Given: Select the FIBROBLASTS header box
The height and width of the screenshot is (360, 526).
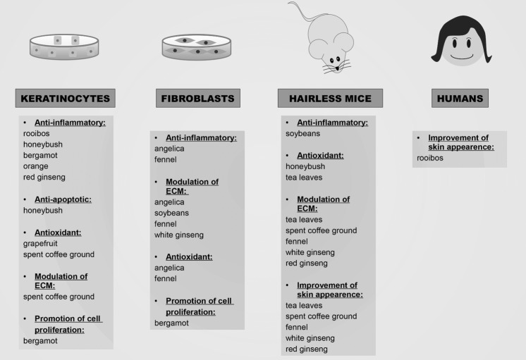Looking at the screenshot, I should (x=198, y=99).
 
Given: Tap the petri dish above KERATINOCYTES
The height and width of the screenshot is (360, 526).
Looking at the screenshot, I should (x=64, y=46).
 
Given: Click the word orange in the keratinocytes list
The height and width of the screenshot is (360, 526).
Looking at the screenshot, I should (x=36, y=167).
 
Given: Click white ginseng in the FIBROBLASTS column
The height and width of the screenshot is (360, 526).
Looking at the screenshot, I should (x=178, y=235).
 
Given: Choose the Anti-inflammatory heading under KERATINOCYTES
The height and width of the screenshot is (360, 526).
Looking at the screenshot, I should (x=71, y=123).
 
